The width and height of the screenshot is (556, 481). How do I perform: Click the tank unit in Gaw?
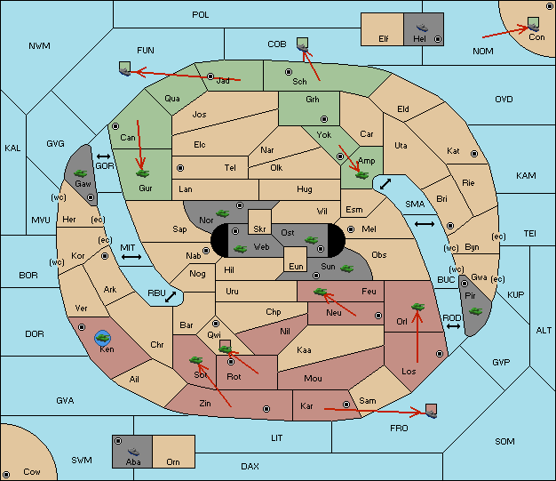pos(81,173)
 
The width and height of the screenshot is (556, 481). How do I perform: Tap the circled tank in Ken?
pos(103,338)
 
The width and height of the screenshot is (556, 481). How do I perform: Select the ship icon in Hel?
pos(422,28)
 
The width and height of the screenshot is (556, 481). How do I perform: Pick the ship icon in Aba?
pos(133,451)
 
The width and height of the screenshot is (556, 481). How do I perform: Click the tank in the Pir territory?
pos(475,311)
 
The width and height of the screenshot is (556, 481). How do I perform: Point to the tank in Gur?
pos(142,173)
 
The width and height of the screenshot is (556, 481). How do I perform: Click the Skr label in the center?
pos(259,229)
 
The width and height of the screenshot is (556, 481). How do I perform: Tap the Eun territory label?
pos(296,266)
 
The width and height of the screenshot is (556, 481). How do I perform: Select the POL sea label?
pos(201,15)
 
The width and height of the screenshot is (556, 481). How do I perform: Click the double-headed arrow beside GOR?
pos(103,156)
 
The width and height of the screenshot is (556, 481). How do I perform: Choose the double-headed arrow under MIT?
pos(131,257)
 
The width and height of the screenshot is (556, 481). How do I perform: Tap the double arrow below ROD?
pos(453,326)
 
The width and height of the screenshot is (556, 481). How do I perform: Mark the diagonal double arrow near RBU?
pos(171,297)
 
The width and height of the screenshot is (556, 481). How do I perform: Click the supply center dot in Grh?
pos(324,118)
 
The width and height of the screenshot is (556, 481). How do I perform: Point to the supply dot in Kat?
pos(474,154)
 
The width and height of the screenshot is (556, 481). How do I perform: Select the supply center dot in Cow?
pos(6,475)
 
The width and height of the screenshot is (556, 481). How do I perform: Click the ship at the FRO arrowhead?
pos(431,413)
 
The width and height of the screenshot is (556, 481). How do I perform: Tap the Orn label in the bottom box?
pos(173,461)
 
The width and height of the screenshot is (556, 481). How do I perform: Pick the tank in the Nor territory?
pos(222,213)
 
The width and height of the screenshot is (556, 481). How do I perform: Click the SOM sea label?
pos(504,441)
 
